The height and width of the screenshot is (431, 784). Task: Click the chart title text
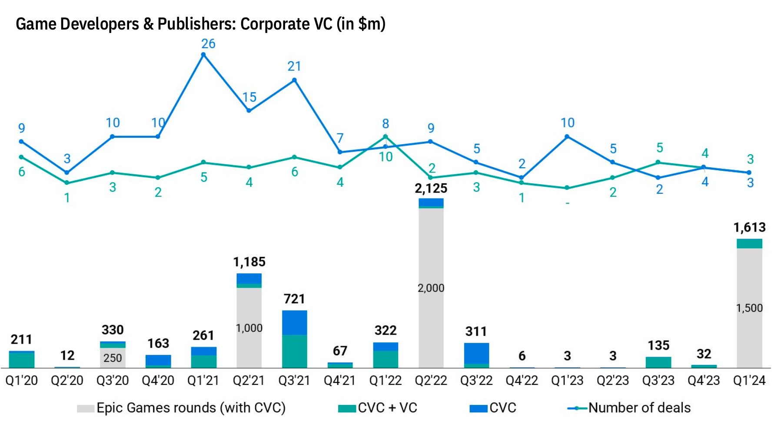click(x=200, y=24)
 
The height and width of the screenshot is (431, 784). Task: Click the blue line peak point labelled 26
click(x=203, y=55)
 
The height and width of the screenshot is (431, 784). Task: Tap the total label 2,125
click(x=431, y=188)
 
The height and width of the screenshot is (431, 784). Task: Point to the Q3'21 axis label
click(x=294, y=381)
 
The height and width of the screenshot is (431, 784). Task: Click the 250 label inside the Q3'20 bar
click(x=113, y=358)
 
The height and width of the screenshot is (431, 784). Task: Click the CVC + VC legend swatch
click(x=347, y=408)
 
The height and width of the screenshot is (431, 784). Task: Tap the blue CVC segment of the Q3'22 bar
click(x=476, y=353)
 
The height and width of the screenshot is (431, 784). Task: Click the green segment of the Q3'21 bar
click(x=294, y=351)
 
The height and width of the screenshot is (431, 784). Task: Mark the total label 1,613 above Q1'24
click(x=749, y=227)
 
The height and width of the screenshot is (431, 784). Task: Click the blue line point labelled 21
click(x=294, y=80)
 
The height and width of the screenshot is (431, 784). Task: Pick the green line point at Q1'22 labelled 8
click(x=385, y=137)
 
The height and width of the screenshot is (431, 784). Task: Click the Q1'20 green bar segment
click(x=22, y=360)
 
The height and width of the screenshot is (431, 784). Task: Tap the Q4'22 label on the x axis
click(x=522, y=381)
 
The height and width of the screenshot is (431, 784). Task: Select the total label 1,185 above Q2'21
click(x=249, y=262)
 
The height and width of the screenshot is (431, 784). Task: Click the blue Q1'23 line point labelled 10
click(x=567, y=137)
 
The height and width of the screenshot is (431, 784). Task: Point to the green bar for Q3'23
click(x=658, y=362)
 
